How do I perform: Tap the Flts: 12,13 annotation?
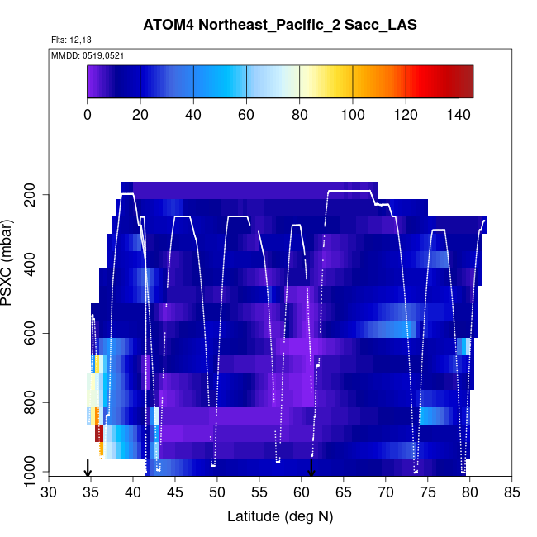[x=69, y=40]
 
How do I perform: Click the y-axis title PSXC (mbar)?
[x=10, y=263]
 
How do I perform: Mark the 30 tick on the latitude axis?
[x=50, y=492]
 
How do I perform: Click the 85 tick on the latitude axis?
[x=512, y=492]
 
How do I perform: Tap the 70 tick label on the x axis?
[x=386, y=492]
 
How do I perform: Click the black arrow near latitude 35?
[x=88, y=468]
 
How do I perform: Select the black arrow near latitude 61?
[x=311, y=468]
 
